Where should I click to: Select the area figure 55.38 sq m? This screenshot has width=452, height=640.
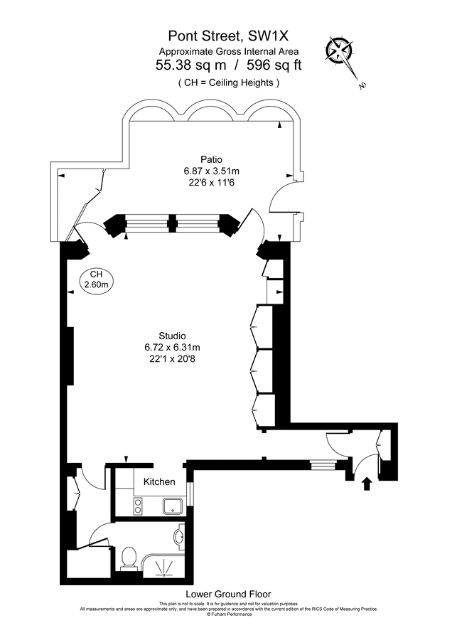(x=187, y=65)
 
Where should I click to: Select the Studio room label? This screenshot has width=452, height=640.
(x=172, y=335)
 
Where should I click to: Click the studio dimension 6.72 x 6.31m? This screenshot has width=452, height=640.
(x=172, y=347)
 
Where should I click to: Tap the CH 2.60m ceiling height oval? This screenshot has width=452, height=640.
(x=96, y=280)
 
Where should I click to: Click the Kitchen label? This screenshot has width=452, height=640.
(x=159, y=482)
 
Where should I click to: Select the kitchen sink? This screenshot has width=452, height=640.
(x=173, y=506)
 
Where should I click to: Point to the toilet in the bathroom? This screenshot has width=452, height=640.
(x=129, y=558)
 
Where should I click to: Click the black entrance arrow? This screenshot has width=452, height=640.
(x=367, y=484)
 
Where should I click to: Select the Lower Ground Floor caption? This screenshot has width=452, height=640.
(x=228, y=594)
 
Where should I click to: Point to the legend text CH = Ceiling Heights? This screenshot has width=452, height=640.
(x=229, y=82)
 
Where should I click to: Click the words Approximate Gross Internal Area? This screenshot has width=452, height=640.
(x=229, y=51)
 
